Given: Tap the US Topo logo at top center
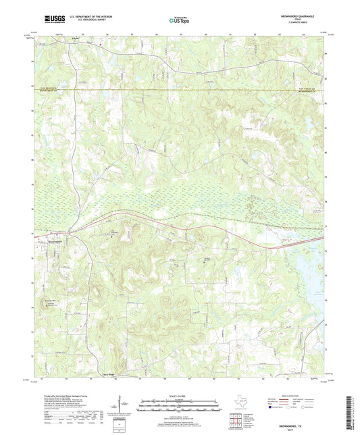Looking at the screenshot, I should click(178, 21).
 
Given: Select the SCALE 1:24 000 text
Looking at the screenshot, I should click(178, 395).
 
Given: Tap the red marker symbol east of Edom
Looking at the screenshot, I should click(101, 45).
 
